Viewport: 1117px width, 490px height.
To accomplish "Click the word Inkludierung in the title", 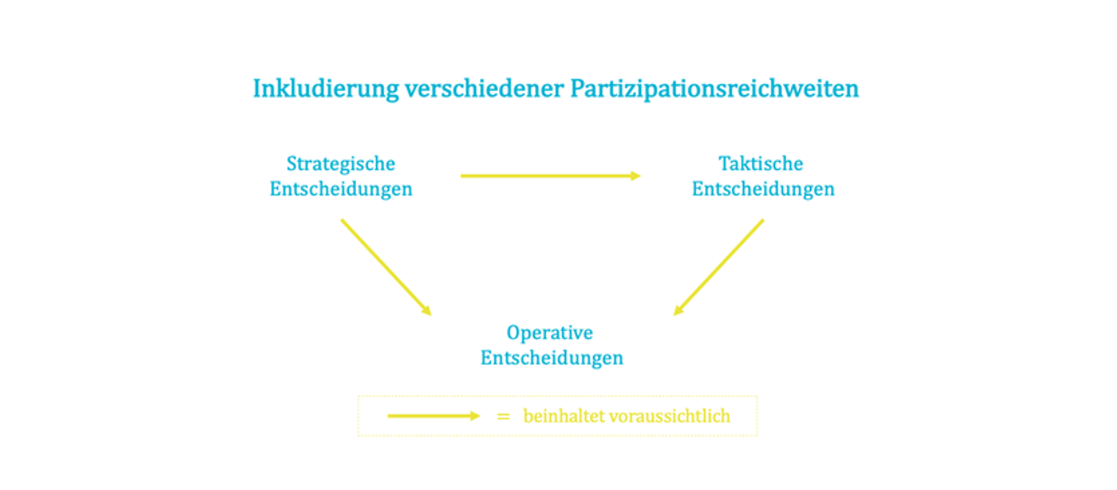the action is coord(326,89).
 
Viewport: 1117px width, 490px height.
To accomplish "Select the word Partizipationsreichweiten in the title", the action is coord(714,89).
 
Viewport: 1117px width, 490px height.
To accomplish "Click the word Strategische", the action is coord(341,164).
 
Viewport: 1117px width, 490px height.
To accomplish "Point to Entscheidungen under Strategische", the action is coord(341,189).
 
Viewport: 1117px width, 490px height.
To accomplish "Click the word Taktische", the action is coord(761,163).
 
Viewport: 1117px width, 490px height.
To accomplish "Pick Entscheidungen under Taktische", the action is coord(763,189).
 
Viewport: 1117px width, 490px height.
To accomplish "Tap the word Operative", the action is coord(550,333).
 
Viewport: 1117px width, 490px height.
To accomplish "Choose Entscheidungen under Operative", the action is coord(552,358).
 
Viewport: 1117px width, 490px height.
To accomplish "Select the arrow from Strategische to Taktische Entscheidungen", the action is coord(550,175).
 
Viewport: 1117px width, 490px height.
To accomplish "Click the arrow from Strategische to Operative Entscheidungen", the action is coord(386,267).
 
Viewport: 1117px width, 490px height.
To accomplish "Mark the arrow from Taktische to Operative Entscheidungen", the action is coord(719,267).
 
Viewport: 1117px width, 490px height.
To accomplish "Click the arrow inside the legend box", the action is coord(434,416).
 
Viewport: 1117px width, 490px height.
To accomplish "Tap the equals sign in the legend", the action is coord(503,416).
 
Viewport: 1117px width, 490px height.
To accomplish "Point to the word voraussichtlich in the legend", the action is coord(670,416).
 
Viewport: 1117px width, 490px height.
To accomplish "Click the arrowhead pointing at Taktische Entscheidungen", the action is coord(636,175).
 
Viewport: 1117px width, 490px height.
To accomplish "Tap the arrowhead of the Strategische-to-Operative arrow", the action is coord(427,310).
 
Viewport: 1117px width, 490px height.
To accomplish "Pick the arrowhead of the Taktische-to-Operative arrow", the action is coord(678,310).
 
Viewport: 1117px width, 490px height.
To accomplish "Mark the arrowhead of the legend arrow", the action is coord(475,416).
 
